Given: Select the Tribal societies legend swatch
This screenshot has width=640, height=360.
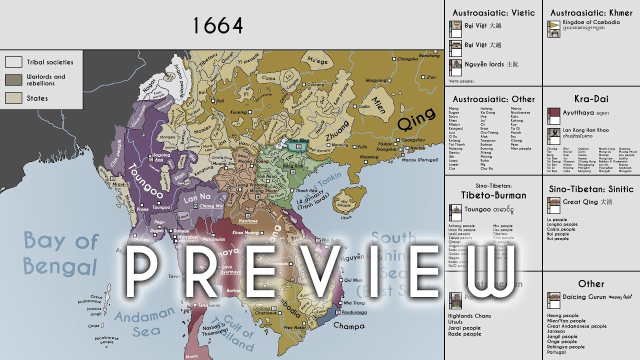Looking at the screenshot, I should point(13,62).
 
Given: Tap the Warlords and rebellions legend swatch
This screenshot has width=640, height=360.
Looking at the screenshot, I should point(13,79).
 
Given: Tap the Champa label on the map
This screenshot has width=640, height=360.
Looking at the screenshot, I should point(348,325).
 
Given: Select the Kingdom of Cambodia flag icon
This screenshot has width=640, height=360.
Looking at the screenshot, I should point(553,26).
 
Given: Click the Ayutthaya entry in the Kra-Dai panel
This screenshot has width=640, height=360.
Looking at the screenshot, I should point(578,113).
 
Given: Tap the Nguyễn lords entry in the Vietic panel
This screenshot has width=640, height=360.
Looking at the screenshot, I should point(484,64).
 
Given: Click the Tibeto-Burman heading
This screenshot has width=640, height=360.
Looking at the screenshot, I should point(493,195).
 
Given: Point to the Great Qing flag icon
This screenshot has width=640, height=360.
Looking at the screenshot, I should point(553,203).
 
